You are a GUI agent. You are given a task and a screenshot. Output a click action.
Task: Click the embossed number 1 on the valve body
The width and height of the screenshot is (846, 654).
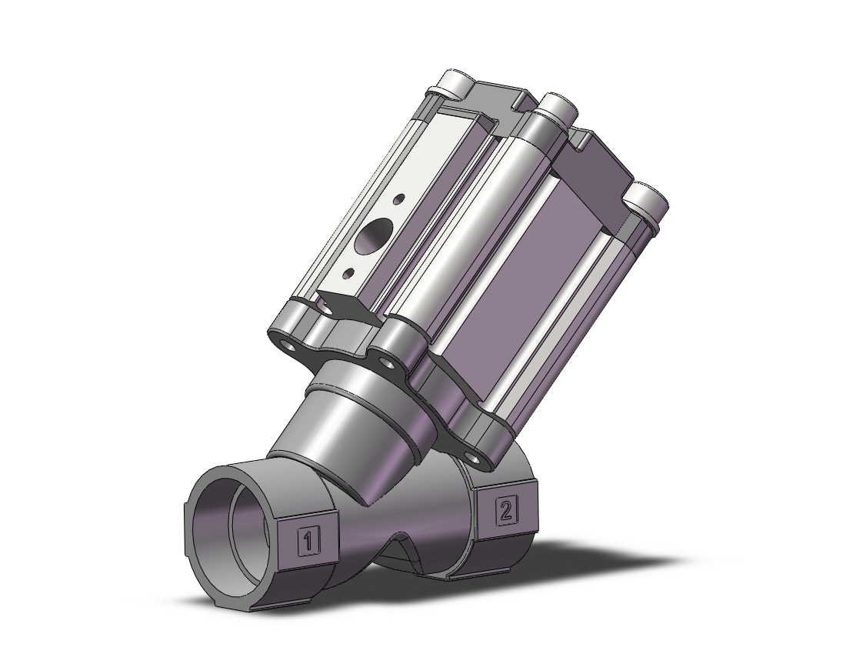pyautogui.click(x=308, y=541)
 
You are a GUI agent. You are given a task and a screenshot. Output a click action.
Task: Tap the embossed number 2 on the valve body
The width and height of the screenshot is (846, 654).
pyautogui.click(x=506, y=510)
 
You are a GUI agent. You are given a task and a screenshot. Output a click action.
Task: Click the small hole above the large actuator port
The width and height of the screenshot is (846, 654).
pyautogui.click(x=398, y=199)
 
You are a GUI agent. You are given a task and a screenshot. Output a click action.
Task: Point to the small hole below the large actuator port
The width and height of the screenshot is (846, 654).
pyautogui.click(x=351, y=272)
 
